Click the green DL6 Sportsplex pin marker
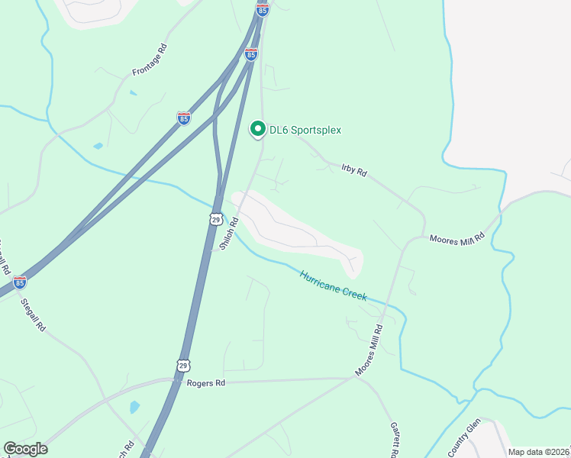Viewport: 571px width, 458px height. pos(258,130)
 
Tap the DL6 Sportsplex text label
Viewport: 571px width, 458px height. pos(305,131)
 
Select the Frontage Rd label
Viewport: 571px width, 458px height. pos(149,60)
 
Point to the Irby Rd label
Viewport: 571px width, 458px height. pos(354,169)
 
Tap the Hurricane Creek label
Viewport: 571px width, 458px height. pos(333,285)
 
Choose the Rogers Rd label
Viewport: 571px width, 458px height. pos(206,383)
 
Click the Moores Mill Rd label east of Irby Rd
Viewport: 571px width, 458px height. pos(457,239)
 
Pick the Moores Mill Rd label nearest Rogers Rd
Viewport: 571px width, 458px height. pos(368,350)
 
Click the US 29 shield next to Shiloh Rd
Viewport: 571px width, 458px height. pos(216,219)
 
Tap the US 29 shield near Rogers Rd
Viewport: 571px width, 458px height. pos(182,366)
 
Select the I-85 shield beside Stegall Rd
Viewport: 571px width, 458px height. pos(20,282)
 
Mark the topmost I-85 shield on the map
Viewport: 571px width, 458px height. pos(263,10)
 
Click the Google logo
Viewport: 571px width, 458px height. pos(25,449)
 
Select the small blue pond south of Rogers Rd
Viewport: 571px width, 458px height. pos(135,407)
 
